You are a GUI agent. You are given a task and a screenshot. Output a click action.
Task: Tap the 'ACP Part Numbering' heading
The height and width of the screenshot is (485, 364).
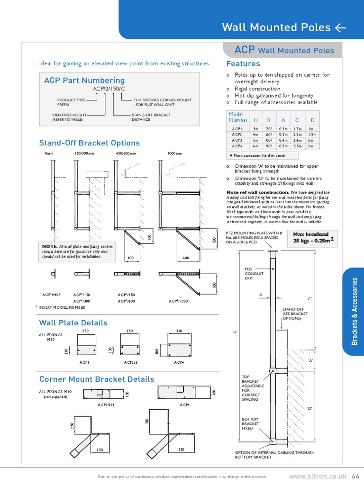coord(84,81)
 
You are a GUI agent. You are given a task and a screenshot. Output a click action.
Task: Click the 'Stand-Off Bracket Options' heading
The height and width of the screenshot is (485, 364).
coord(89,143)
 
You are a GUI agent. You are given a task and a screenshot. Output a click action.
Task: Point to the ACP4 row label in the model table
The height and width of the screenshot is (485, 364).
coord(237,146)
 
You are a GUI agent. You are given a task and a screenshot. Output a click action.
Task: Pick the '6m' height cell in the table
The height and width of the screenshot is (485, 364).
coord(255,146)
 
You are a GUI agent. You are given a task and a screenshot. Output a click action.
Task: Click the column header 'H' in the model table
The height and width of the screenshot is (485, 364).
coord(256,120)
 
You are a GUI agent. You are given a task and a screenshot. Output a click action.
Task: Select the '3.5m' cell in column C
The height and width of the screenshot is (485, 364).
coord(298,146)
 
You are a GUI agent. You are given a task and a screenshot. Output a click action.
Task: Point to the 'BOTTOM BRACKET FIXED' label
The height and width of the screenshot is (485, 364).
coord(251,424)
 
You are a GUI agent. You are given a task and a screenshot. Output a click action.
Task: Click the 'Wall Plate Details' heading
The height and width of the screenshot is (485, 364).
coord(73,323)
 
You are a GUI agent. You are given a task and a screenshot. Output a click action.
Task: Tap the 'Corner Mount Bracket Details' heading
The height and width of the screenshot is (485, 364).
coord(96,379)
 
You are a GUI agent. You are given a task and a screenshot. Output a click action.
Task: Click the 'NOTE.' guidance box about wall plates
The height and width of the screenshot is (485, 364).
coord(78,251)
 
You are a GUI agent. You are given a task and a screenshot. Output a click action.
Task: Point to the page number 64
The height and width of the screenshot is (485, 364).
coord(356,476)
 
